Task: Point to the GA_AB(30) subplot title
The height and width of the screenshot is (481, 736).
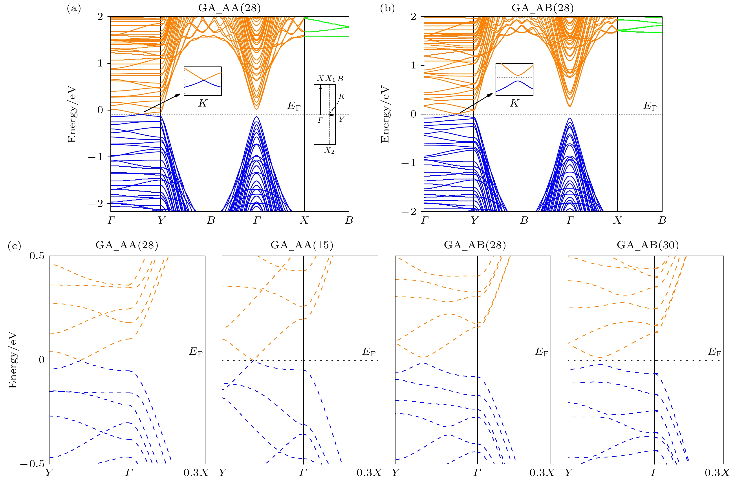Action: tap(648, 245)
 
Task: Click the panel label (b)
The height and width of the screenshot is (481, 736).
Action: tap(387, 8)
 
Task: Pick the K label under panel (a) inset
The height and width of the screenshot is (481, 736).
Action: tap(203, 103)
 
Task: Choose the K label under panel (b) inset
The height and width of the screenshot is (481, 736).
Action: tap(514, 103)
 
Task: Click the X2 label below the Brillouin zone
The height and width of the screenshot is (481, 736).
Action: tap(329, 151)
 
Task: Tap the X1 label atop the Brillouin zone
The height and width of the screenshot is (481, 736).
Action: tap(330, 79)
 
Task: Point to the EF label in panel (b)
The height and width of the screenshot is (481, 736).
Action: tap(650, 106)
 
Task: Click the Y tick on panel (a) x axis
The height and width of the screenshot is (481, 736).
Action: tap(161, 220)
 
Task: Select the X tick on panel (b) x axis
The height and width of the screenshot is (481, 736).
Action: tap(617, 220)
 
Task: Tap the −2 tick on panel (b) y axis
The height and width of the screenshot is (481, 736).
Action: tap(408, 212)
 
